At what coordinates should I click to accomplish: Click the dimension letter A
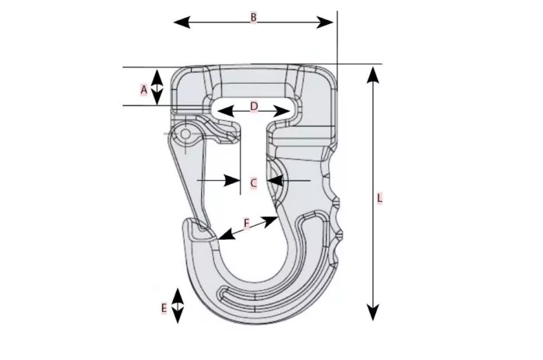coord(144,90)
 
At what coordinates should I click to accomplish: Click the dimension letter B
coord(254,17)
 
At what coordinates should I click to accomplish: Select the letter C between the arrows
coord(254,182)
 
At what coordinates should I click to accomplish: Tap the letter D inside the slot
coord(254,106)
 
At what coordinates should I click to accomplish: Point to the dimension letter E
coord(164,308)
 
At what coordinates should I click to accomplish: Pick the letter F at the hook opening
coord(247,223)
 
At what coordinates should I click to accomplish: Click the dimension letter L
coord(379,198)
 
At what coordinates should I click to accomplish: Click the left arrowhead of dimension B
coord(182,22)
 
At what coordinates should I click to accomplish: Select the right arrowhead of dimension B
coord(325,22)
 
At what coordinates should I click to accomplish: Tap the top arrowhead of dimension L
coord(373,75)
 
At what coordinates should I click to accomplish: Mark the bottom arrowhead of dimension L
coord(373,312)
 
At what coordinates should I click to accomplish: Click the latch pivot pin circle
coord(186,133)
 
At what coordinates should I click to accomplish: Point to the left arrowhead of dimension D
coord(226,112)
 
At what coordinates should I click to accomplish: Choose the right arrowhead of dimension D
coord(281,112)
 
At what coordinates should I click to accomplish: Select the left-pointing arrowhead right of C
coord(275,181)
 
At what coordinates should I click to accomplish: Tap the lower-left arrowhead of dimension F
coord(226,235)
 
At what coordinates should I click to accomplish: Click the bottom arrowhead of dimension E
coord(178,315)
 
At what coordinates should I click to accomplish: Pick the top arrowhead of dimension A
coord(157,78)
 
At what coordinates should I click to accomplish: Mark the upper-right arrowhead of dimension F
coord(270,220)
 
